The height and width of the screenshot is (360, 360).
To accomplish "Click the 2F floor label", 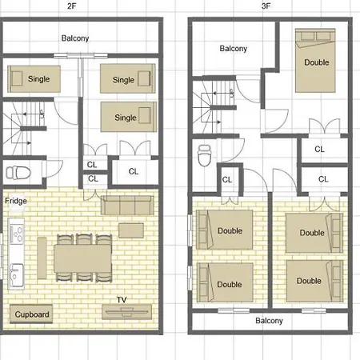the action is point(72,6).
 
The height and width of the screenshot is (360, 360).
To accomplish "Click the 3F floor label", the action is point(266,6).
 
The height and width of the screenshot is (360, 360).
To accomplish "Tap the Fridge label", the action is point(16,201).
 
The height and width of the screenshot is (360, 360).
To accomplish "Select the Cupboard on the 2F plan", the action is point(31,314).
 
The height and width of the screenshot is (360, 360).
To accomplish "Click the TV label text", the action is point(122,300).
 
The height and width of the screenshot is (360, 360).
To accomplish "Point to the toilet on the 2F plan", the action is point(18,173).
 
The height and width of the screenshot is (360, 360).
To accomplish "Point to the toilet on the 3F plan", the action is point(205,155).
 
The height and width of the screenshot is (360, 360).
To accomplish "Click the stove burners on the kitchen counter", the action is point(17,234).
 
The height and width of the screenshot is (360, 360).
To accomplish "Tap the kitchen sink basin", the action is point(16,275).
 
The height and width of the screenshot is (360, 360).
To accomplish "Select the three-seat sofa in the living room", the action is point(127,205).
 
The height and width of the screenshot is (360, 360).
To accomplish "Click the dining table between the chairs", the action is point(82,258).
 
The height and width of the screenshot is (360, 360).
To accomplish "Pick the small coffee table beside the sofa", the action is point(131,230).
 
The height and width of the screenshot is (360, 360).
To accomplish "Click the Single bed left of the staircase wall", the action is point(34,79).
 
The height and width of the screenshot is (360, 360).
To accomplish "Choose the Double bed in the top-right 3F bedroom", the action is point(315,61).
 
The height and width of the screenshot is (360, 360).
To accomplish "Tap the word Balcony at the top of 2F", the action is point(75,38).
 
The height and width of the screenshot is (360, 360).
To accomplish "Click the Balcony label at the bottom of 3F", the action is point(269,321).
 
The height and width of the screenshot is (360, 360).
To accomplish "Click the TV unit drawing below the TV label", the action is point(126,312).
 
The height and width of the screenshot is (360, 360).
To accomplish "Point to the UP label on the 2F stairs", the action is point(42,114).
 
